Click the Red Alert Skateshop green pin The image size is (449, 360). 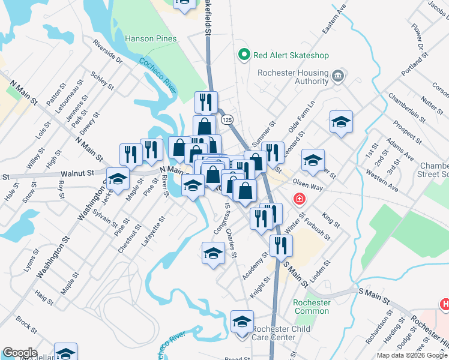click(244, 56)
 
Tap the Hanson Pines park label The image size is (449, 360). click(151, 39)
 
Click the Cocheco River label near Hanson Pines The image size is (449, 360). click(157, 76)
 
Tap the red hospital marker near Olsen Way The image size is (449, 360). click(298, 198)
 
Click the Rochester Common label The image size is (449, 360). click(312, 307)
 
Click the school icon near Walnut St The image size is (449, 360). click(118, 179)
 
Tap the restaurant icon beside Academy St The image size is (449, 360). click(280, 245)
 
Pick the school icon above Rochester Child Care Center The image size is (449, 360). click(242, 322)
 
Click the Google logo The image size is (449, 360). click(20, 353)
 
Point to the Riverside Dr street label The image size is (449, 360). click(108, 52)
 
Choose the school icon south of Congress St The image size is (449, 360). click(213, 253)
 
